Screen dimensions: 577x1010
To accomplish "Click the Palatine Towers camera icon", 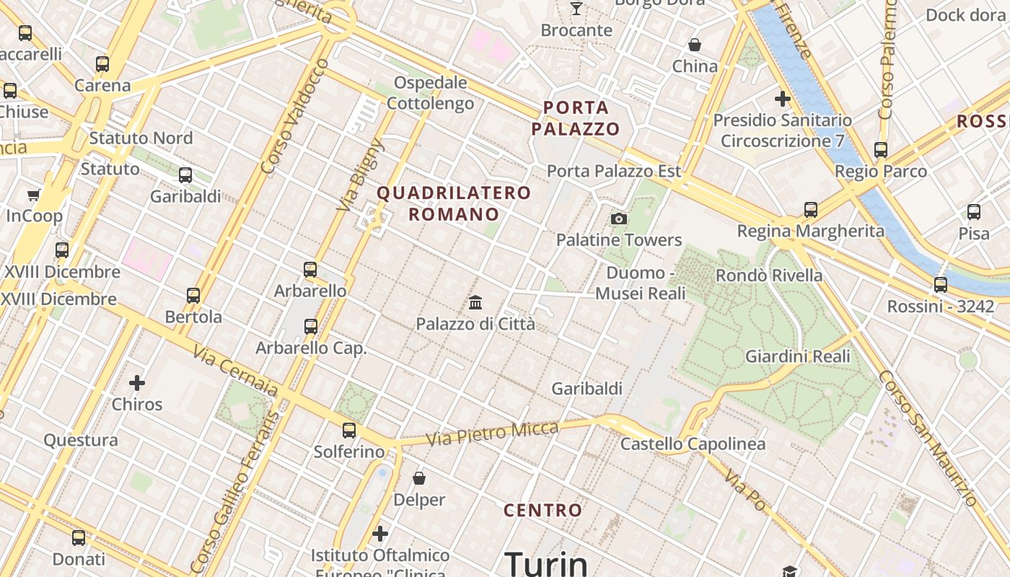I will coord(618,219).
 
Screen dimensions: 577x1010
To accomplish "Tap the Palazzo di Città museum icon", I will coord(475,302).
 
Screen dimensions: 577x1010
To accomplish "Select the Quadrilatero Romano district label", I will coord(454,203).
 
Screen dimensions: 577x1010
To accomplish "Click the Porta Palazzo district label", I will coord(575,118).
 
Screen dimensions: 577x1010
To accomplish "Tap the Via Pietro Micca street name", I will coord(492,433).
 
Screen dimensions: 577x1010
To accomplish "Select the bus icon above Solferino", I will coord(349,431).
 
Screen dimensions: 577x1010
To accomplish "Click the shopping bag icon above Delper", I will coord(418,477).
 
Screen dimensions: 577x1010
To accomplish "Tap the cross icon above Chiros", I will coord(137,382).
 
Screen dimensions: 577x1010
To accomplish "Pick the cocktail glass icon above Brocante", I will coord(576,9).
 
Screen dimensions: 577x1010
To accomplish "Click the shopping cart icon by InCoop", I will coord(34,195).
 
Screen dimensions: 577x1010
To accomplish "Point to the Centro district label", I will coord(543,511).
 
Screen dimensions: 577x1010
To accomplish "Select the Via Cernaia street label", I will coord(235,371).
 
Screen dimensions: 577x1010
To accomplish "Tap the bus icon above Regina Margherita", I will coord(810,210).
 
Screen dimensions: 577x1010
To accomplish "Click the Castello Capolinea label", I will coord(693,444).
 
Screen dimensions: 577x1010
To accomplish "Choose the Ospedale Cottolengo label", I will coord(430,93).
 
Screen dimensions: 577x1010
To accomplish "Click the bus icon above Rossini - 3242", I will coord(940,285).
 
